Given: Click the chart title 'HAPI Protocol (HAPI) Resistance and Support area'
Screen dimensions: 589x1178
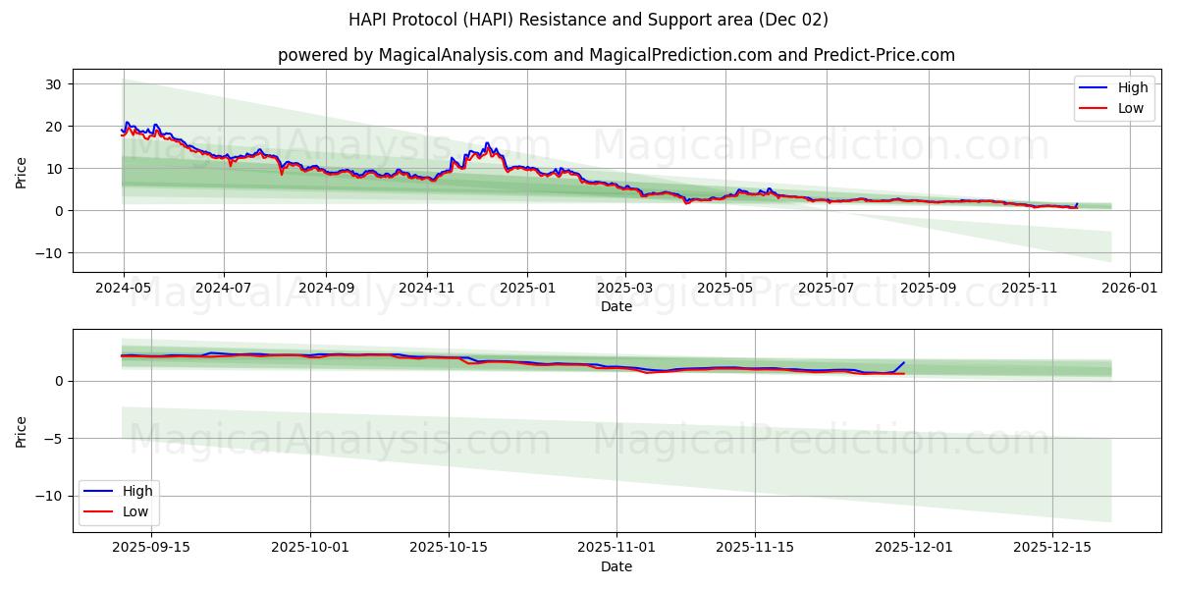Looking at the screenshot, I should click(x=588, y=20).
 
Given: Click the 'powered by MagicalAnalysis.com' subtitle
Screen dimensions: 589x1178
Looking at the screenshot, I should click(x=412, y=55).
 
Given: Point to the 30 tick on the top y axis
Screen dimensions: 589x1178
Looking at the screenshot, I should click(x=54, y=84).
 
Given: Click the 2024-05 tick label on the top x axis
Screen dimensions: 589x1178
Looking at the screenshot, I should click(x=124, y=290).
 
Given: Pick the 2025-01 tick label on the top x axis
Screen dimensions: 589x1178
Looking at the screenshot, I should click(x=527, y=290).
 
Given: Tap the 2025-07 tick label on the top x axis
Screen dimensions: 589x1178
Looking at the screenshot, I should click(x=827, y=290).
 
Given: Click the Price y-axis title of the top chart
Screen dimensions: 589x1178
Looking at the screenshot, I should click(x=22, y=172).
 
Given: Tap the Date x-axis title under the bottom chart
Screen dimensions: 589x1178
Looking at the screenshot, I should click(x=616, y=566).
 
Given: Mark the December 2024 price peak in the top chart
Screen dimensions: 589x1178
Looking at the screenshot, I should click(x=487, y=143).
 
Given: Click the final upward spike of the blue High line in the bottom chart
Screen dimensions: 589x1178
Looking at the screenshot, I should click(x=904, y=362).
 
